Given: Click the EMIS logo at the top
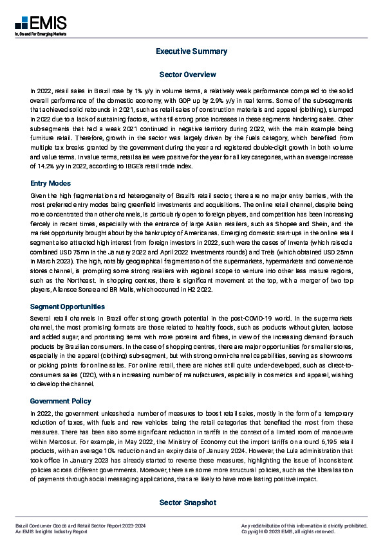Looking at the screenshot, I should click(40, 24).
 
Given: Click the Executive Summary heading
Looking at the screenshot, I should click(191, 51).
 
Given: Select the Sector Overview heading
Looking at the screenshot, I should click(191, 75).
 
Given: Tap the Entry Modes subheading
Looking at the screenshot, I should click(51, 183).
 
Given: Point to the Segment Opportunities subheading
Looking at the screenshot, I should click(68, 307).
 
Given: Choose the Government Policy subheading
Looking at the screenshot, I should click(61, 401).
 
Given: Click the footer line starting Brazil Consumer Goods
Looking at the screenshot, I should click(80, 525).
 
